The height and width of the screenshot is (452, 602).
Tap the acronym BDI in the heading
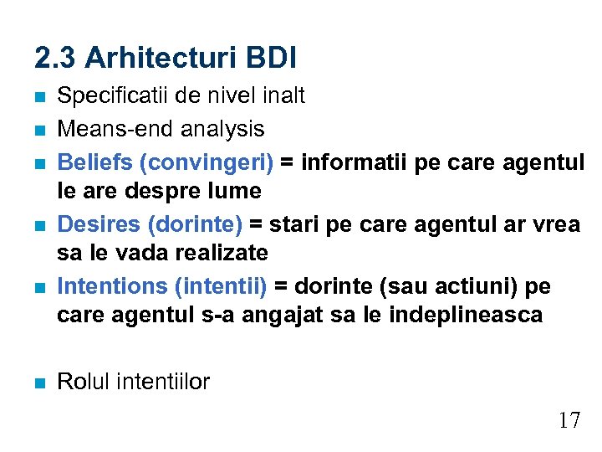point(271,59)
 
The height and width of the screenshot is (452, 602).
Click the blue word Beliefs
point(89,160)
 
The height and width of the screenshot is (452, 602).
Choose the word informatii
point(350,160)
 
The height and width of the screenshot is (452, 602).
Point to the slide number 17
point(569,420)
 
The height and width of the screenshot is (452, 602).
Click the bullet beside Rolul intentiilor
point(39,383)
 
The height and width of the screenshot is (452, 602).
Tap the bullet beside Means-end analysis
point(39,130)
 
